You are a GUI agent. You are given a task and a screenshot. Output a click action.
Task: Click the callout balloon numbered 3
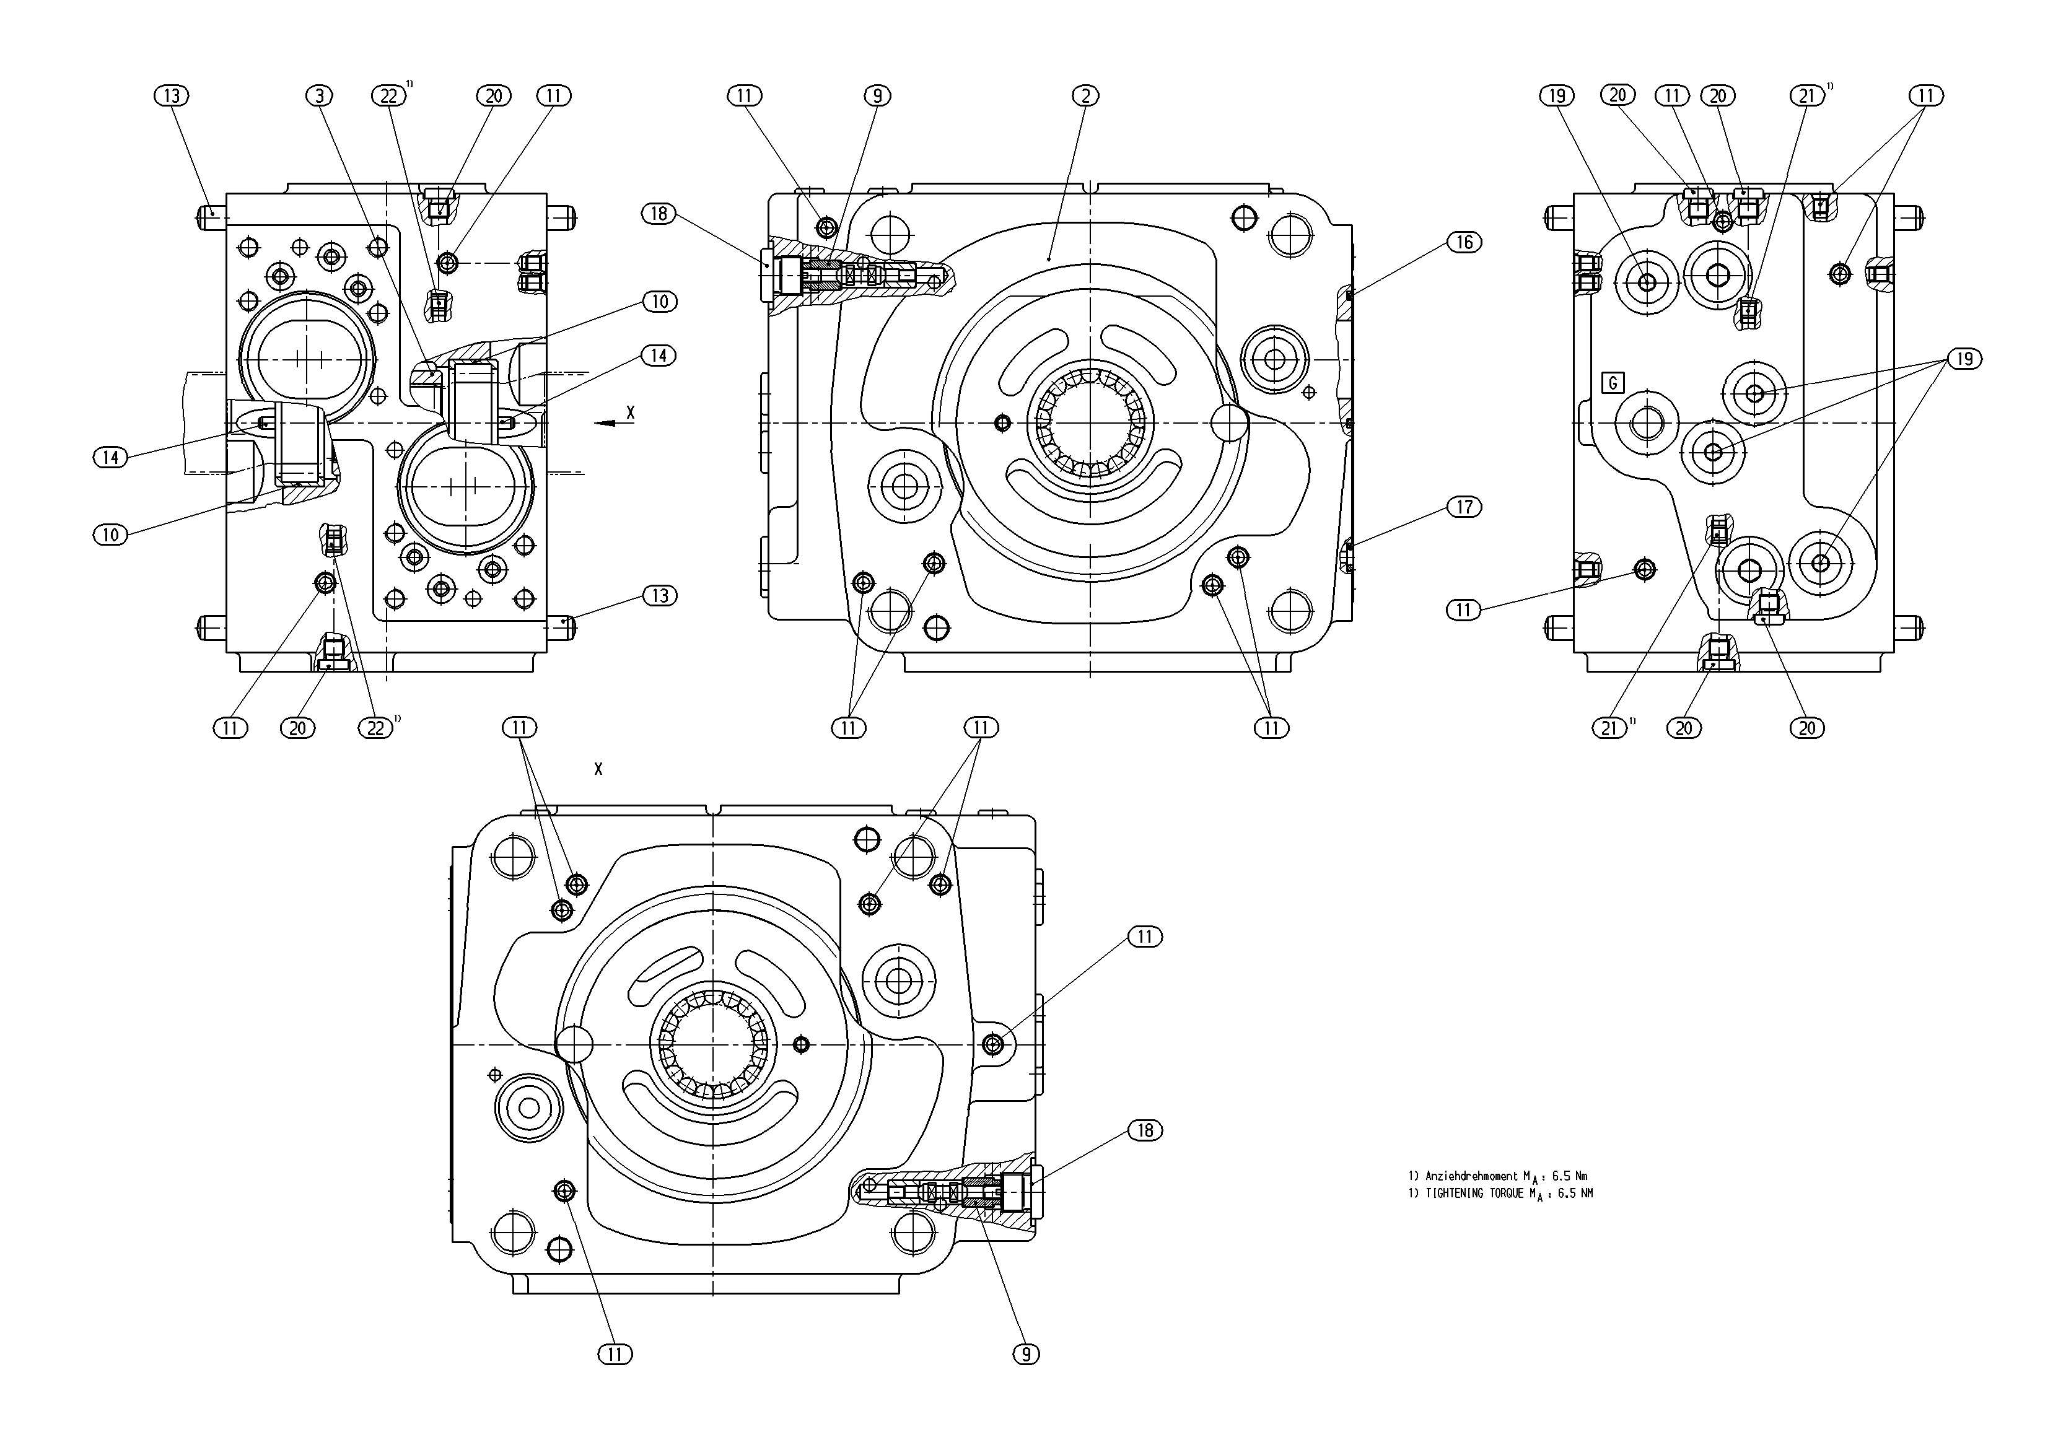click(x=319, y=95)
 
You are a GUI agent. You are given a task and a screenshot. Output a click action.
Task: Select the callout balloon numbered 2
click(x=1085, y=95)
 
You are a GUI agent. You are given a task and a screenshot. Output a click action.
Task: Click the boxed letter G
click(x=1613, y=383)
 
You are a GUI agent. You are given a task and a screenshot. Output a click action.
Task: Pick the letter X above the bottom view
click(x=598, y=769)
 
